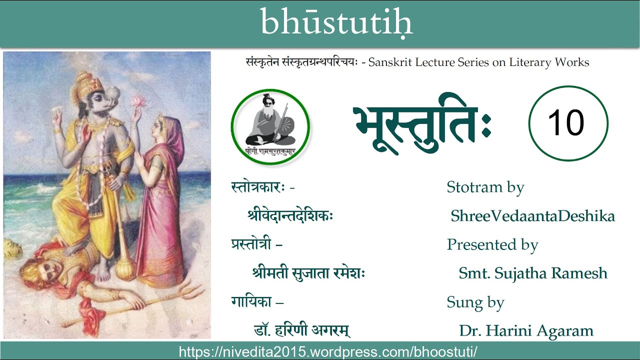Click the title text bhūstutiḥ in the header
click(336, 22)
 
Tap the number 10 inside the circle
click(568, 123)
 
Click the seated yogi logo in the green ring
click(270, 126)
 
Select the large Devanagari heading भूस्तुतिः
click(422, 124)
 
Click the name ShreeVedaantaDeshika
click(532, 216)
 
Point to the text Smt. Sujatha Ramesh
click(533, 273)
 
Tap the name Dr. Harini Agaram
click(526, 331)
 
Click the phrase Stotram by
click(485, 187)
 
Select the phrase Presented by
click(492, 244)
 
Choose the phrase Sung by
click(475, 302)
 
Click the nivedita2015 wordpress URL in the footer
click(328, 351)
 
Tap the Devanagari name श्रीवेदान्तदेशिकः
click(290, 216)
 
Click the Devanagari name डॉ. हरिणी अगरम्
click(301, 331)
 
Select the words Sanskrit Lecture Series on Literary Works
click(478, 62)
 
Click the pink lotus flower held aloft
click(137, 101)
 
